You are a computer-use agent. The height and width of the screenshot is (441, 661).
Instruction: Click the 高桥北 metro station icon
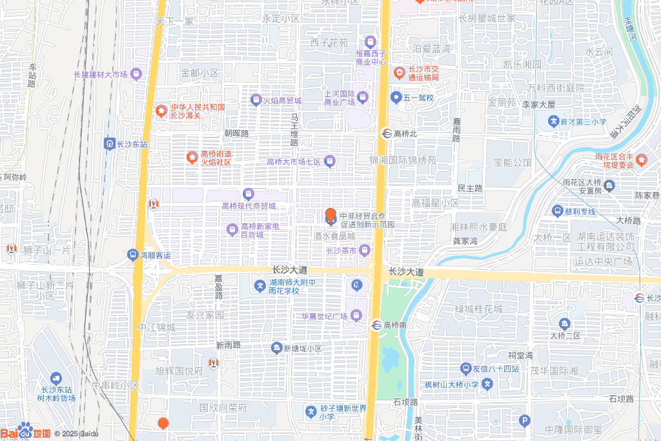pyautogui.click(x=386, y=134)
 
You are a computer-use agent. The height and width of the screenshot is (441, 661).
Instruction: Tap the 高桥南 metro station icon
pyautogui.click(x=376, y=324)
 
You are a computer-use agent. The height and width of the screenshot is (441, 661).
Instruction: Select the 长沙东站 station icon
pyautogui.click(x=109, y=143)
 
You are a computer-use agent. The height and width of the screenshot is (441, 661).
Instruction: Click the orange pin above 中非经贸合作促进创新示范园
pyautogui.click(x=330, y=216)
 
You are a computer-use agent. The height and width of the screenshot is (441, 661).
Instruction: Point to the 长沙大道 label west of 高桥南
pyautogui.click(x=290, y=269)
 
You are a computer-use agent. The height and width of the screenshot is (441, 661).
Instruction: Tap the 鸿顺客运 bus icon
pyautogui.click(x=133, y=255)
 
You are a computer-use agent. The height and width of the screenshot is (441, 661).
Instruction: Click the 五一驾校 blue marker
pyautogui.click(x=396, y=97)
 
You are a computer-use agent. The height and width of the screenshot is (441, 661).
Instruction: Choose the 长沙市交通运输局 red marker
pyautogui.click(x=399, y=72)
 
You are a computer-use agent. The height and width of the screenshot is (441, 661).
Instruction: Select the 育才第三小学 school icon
pyautogui.click(x=553, y=121)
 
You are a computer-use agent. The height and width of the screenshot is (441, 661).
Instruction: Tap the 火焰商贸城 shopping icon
pyautogui.click(x=255, y=100)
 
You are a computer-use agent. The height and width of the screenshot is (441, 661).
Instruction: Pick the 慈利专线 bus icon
pyautogui.click(x=557, y=210)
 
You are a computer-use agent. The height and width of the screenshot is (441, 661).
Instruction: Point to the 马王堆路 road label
pyautogui.click(x=294, y=129)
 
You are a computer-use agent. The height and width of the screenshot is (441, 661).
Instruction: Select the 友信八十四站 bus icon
pyautogui.click(x=465, y=369)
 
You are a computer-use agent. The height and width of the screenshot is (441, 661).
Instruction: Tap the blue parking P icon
pyautogui.click(x=524, y=421)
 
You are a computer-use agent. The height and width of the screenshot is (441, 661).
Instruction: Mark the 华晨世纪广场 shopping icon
pyautogui.click(x=356, y=316)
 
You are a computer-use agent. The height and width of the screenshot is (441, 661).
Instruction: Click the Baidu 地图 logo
pyautogui.click(x=26, y=433)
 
